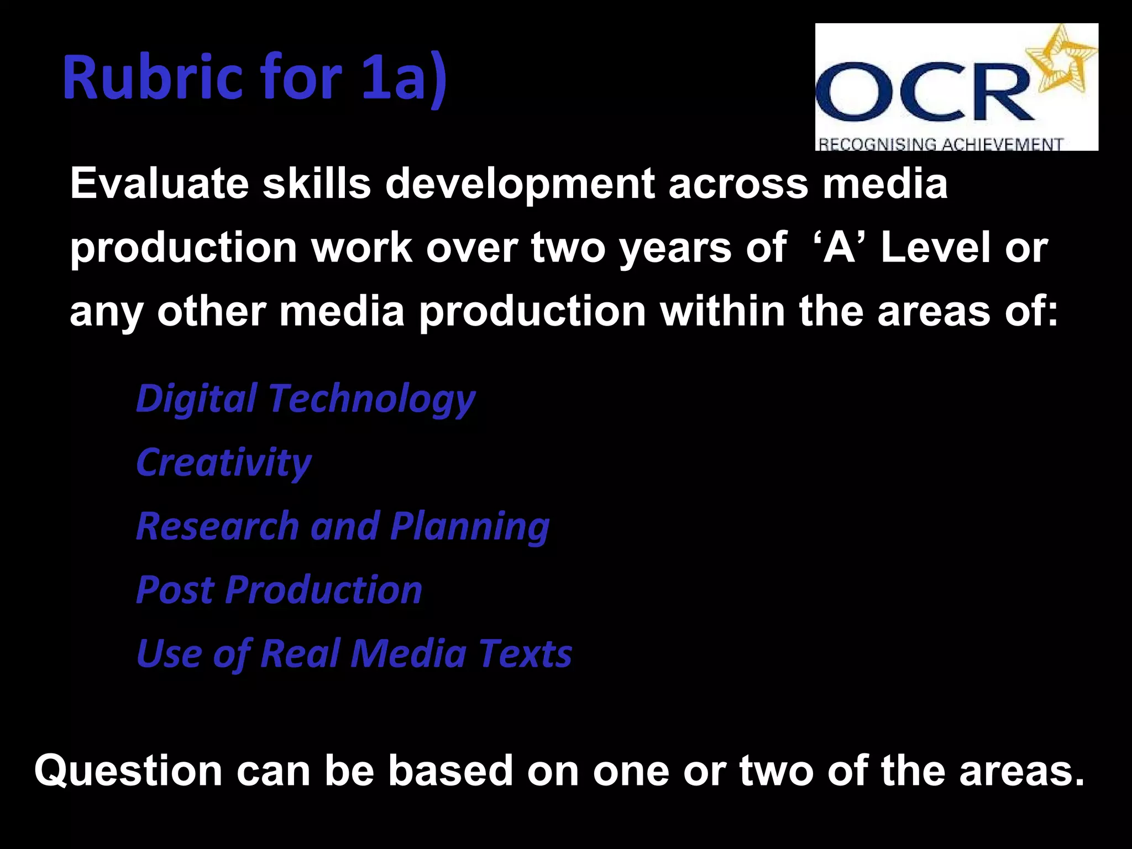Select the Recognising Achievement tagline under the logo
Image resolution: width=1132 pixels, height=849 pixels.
coord(940,144)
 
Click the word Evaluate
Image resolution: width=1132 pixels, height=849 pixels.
coord(159,184)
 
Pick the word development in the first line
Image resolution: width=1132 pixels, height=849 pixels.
coord(520,185)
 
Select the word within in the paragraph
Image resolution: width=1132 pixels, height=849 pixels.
coord(722,311)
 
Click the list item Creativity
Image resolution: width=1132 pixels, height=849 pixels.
coord(224,463)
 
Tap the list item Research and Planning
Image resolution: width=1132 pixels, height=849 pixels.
coord(343,526)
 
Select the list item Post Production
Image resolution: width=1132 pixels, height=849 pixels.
coord(279,590)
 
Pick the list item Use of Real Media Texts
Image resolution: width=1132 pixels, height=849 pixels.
coord(354,654)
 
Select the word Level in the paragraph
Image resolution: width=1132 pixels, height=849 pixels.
coord(935,247)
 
